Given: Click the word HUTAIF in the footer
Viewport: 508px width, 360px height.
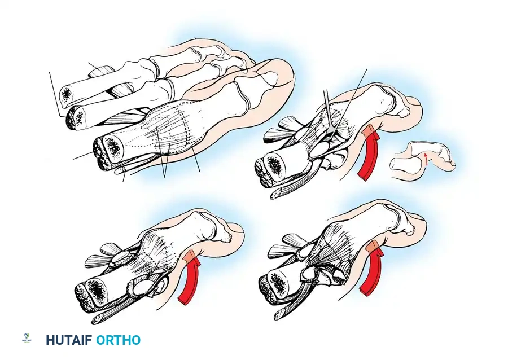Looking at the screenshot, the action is point(69,340).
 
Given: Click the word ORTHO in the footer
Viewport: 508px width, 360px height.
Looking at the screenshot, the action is point(119,340).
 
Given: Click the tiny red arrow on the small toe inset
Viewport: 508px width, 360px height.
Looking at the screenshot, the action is point(426,159).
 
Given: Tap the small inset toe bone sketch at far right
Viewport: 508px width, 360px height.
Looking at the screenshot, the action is point(423,157).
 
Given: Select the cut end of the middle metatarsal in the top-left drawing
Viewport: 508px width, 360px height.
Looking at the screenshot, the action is point(76,117).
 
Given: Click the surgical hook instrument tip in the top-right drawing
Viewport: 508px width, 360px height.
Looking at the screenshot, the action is point(331,133).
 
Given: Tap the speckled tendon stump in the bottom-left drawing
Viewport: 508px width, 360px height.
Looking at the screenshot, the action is point(98,318).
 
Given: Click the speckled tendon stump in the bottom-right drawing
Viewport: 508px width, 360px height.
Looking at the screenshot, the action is point(281,313).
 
